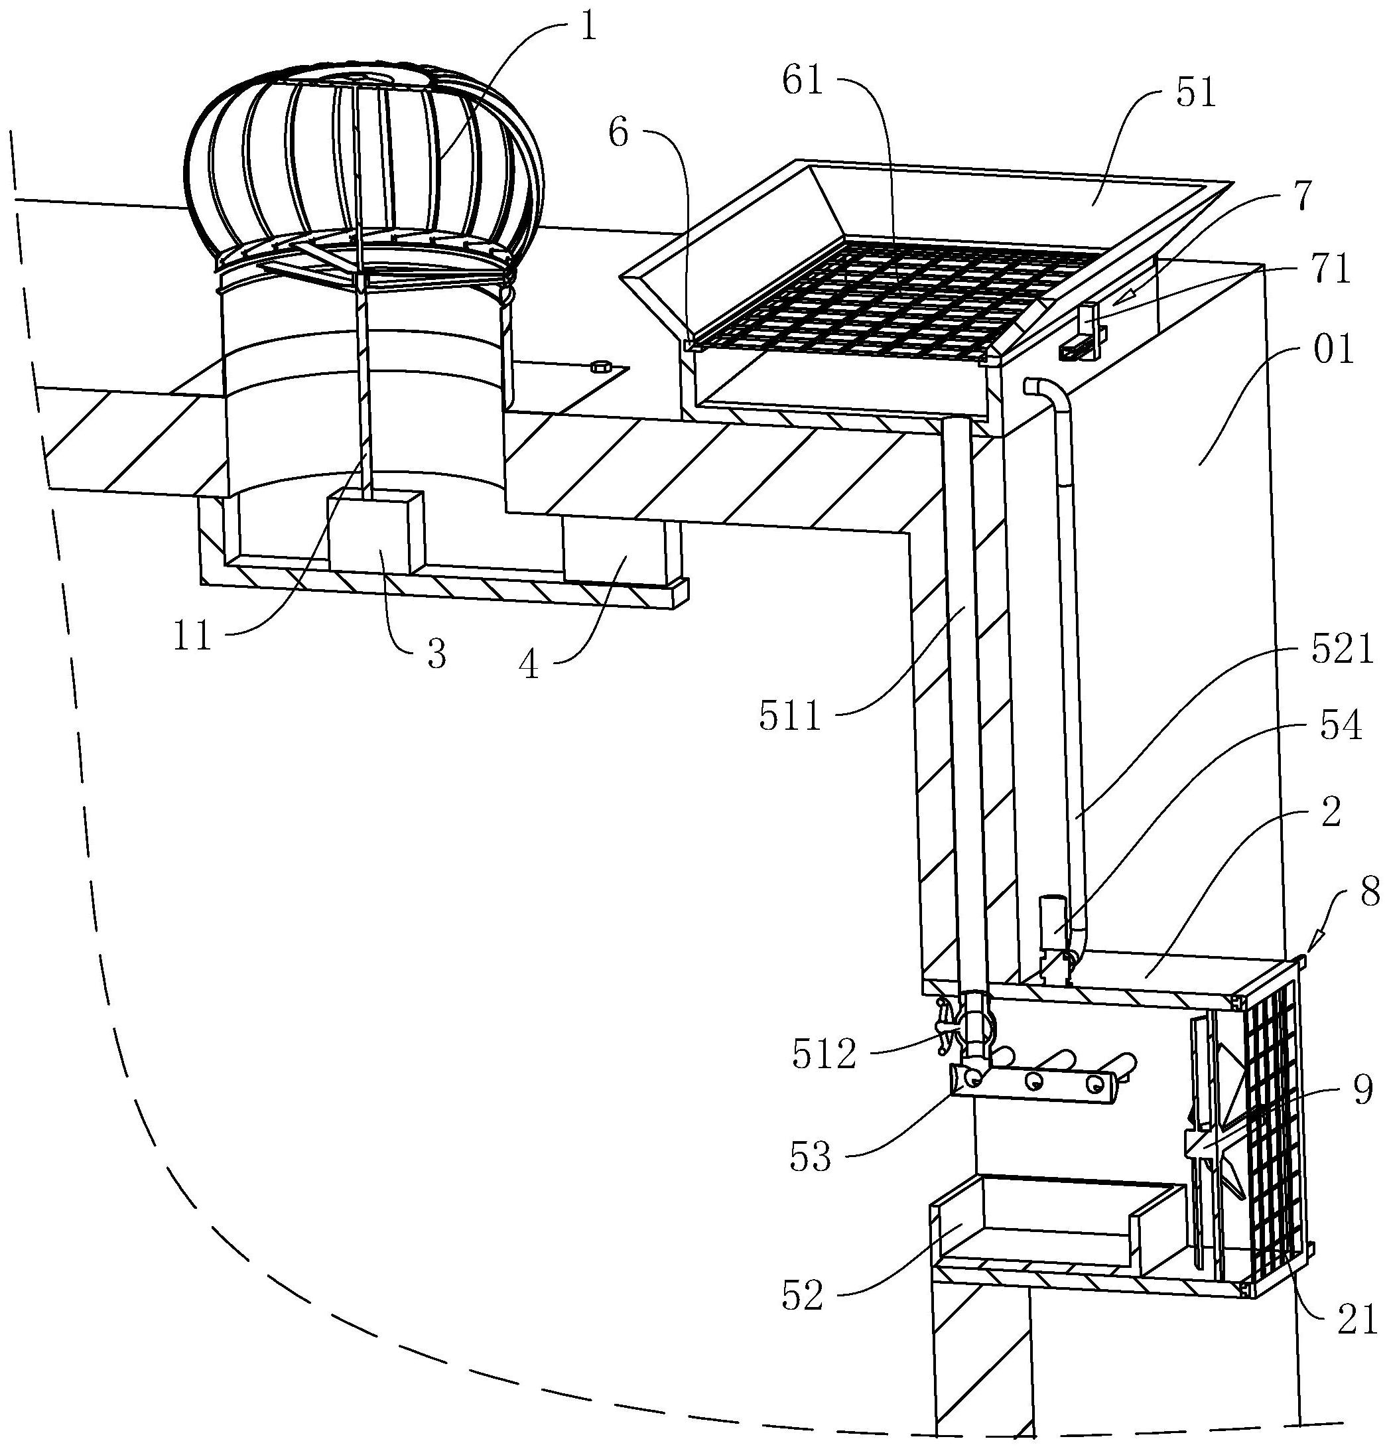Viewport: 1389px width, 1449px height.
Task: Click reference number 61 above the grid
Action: click(803, 80)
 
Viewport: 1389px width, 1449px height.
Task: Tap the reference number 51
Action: click(1195, 94)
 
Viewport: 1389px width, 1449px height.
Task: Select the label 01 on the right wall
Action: click(1332, 349)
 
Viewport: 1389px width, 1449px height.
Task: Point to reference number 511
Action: click(790, 716)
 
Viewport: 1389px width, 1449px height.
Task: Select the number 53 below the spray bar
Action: click(810, 1156)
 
